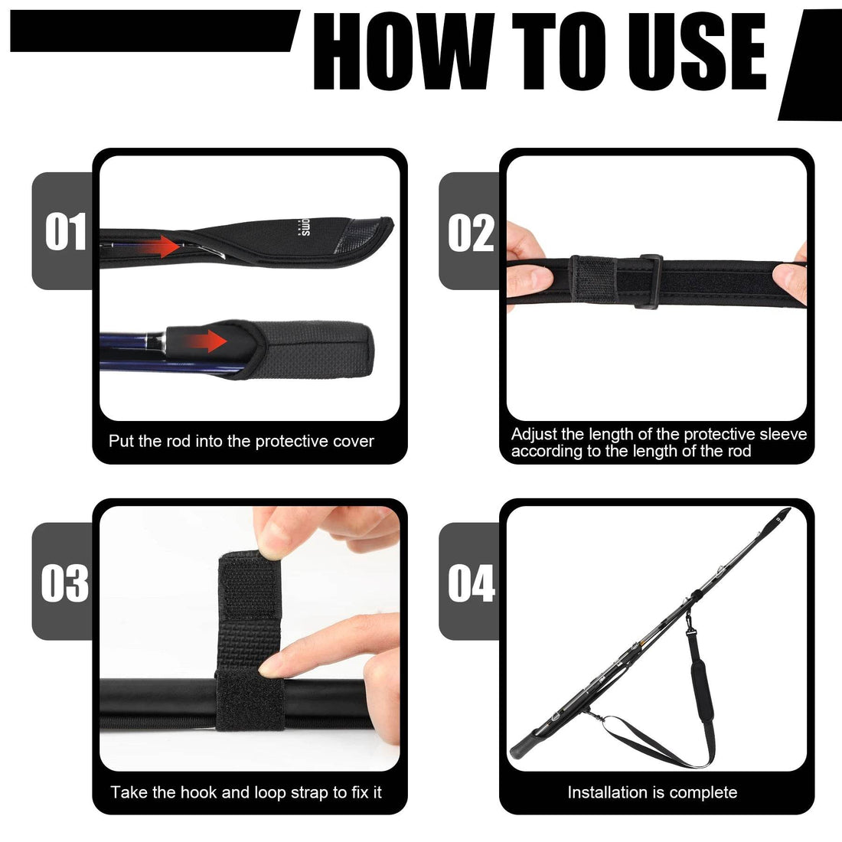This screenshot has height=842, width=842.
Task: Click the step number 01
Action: [x=66, y=232]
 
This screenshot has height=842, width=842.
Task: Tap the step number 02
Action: [x=471, y=232]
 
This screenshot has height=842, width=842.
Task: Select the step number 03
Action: [x=65, y=583]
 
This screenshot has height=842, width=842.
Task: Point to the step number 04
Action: [x=472, y=583]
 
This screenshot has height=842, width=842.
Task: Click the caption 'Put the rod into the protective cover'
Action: [x=241, y=441]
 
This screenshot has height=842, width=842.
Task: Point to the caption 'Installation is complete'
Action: [x=652, y=792]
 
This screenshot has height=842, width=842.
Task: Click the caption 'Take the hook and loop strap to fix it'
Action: [x=246, y=792]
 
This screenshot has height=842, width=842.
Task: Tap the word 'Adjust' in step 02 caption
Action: [x=534, y=434]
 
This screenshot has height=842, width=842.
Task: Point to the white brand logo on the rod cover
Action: [x=300, y=228]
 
